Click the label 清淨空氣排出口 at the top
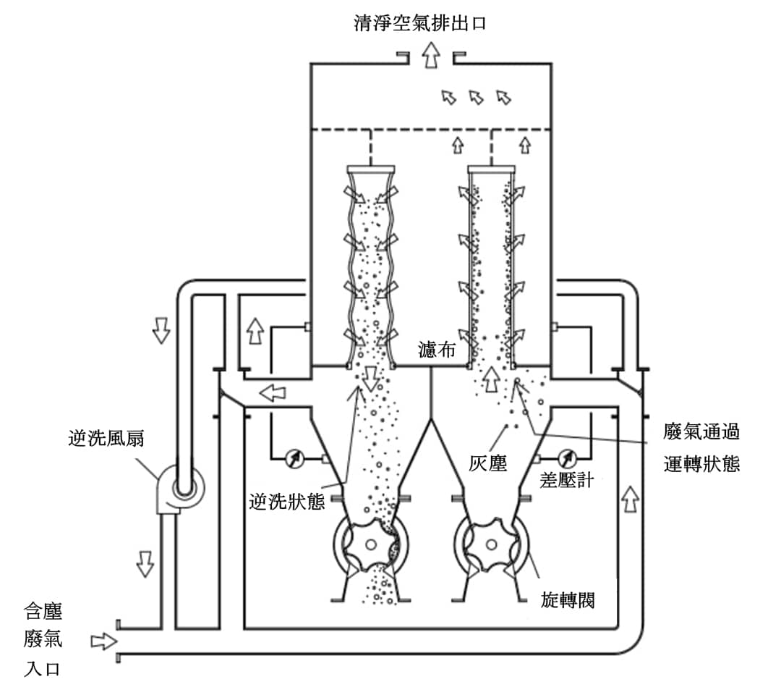[420, 22]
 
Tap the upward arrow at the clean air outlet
[432, 55]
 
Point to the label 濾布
[437, 350]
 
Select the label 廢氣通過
[701, 432]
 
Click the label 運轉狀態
[701, 463]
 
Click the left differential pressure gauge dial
[294, 458]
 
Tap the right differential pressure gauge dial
[566, 458]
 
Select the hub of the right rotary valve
[490, 546]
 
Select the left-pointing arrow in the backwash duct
[273, 393]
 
